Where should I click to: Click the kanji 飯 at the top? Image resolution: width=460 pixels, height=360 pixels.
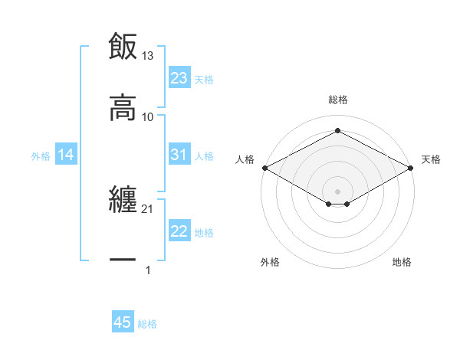click(123, 47)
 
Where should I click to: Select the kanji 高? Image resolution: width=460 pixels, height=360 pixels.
click(123, 108)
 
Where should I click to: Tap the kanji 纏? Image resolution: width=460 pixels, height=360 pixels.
click(123, 200)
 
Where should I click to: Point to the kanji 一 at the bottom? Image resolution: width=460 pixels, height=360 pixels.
click(123, 260)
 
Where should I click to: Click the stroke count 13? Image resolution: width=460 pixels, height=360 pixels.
click(148, 55)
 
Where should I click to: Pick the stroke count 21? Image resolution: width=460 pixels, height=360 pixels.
click(148, 208)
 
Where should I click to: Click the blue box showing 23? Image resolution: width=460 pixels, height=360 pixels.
click(179, 78)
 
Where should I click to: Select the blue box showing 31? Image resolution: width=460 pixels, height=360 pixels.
click(179, 155)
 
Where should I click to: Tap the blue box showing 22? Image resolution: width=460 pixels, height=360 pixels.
click(179, 231)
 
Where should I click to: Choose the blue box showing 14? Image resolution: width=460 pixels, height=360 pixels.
click(66, 155)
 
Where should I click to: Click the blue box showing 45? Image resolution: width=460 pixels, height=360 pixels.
click(123, 322)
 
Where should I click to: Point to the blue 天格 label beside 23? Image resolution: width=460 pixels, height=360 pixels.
click(204, 79)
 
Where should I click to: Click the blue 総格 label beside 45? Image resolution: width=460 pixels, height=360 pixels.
click(147, 323)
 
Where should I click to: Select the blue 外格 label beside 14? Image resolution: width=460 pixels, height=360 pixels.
click(41, 155)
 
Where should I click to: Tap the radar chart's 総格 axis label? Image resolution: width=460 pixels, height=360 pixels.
click(338, 100)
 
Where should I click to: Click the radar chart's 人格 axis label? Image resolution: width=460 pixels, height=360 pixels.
click(245, 159)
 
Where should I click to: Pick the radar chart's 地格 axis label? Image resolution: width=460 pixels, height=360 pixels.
click(402, 262)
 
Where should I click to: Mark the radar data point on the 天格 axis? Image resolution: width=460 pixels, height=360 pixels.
click(412, 168)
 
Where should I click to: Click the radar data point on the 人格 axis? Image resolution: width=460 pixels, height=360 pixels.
click(264, 168)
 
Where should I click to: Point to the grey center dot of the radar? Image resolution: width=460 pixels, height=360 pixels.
click(338, 190)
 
